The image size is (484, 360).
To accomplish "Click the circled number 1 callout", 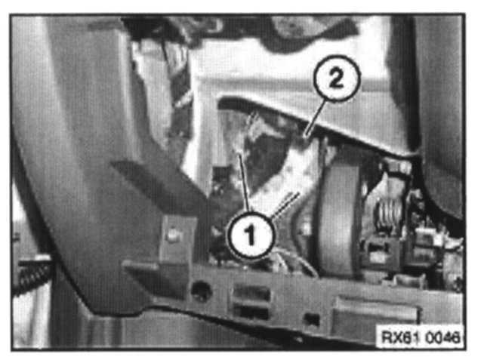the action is (251, 235).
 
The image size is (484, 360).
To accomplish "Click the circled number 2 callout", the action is (337, 78).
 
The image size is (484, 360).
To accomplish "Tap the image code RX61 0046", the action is (421, 337).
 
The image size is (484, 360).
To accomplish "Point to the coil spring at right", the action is (387, 214).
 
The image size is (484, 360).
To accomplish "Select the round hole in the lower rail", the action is (201, 290).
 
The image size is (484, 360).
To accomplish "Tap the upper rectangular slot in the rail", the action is (251, 293).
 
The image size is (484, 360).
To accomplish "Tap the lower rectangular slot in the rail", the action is (251, 312).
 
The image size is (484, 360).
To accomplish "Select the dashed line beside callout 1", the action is (285, 205).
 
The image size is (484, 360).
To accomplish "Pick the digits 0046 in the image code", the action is (442, 337).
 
